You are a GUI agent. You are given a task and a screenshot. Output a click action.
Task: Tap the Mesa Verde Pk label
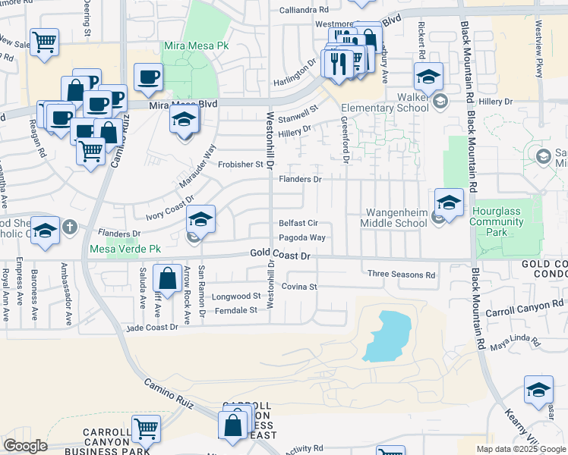point(125,249)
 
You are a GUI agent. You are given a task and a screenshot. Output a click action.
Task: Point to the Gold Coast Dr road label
point(281,257)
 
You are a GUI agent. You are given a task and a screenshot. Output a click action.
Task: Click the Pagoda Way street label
point(301,238)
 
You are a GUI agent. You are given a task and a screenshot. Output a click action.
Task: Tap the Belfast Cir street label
point(297,224)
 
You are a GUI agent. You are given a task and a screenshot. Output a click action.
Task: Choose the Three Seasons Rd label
point(401,275)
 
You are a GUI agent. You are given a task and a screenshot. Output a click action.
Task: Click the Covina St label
point(298,287)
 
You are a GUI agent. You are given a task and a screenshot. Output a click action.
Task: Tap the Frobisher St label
point(239,164)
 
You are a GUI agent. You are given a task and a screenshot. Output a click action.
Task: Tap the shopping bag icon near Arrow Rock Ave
point(167,278)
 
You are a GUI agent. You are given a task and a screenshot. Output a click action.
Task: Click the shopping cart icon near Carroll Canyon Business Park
point(145,428)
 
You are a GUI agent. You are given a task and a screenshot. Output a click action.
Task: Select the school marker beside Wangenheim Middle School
point(449,203)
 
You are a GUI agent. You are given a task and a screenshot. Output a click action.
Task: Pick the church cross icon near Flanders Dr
point(69,226)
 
